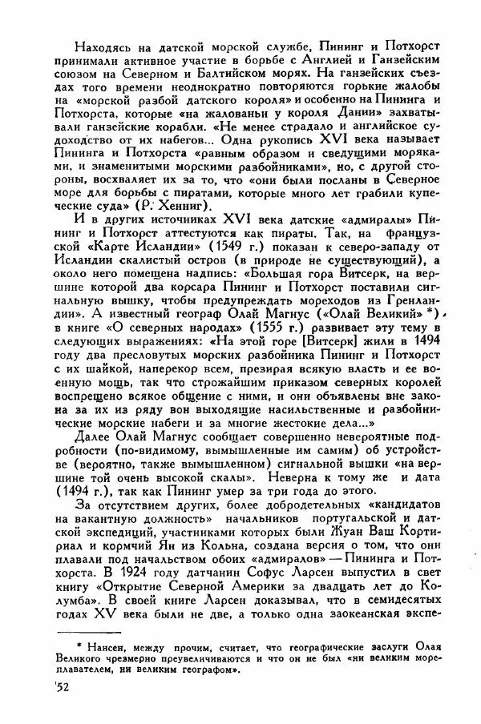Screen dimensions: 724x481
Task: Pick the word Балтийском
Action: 234,71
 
